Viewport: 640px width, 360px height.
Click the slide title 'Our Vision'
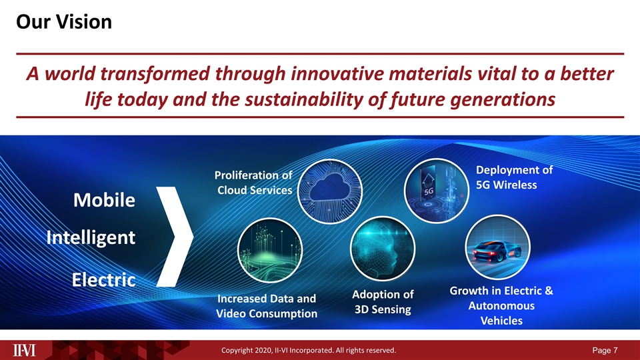click(x=63, y=23)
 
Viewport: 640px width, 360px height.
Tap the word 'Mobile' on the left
click(x=103, y=200)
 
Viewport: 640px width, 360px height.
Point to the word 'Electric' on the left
click(x=103, y=279)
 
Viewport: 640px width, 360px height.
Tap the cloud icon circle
click(x=330, y=190)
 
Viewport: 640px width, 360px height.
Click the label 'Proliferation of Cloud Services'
click(x=253, y=183)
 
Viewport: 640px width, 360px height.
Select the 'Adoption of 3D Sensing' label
click(x=383, y=302)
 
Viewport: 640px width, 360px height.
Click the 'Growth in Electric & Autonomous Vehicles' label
click(x=501, y=306)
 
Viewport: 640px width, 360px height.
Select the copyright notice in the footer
click(x=310, y=350)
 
